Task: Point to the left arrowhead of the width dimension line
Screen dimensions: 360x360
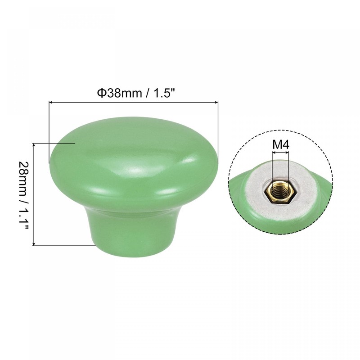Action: click(x=50, y=103)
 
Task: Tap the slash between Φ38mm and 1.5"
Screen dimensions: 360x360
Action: click(x=148, y=93)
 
